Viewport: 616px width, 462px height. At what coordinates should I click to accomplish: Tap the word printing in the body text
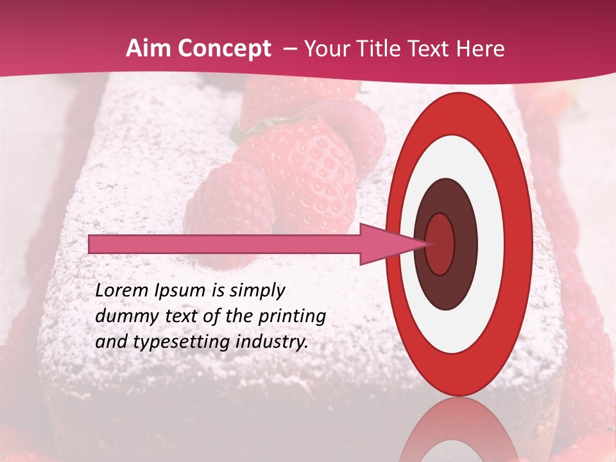tap(292, 317)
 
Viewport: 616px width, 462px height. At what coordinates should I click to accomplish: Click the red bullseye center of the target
tap(440, 244)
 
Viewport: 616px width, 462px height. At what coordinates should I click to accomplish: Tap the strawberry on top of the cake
tap(302, 167)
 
